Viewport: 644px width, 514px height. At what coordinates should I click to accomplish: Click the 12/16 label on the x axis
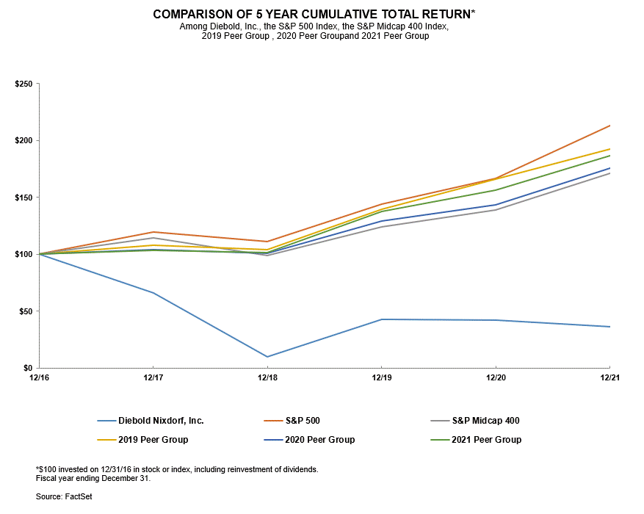38,377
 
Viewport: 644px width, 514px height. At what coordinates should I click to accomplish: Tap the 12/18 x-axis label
267,377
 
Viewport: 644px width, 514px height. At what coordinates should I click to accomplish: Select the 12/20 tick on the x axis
495,377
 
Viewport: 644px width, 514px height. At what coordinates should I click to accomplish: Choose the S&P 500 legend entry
302,421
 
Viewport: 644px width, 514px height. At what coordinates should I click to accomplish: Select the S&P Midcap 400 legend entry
486,421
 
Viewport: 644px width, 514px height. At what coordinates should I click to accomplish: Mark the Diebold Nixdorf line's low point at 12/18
267,357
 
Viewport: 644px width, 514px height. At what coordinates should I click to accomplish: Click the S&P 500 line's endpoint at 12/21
609,126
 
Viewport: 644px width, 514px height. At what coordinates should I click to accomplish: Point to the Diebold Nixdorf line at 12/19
381,319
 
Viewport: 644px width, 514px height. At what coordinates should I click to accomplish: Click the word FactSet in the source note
79,497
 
